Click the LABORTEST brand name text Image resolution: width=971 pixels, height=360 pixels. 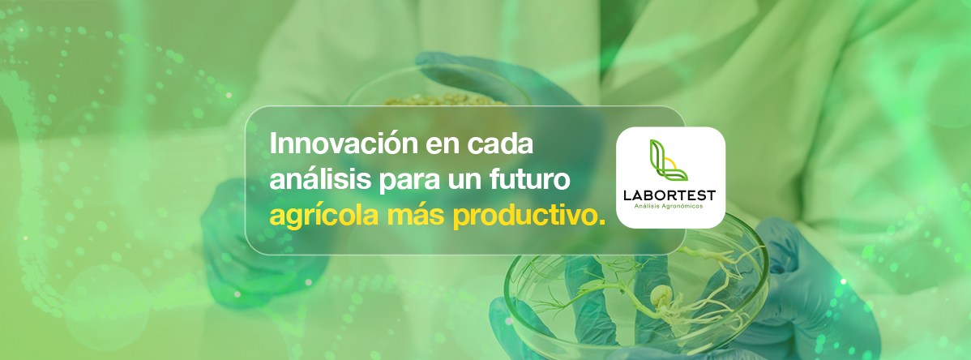(670, 195)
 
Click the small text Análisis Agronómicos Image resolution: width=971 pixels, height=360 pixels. (670, 207)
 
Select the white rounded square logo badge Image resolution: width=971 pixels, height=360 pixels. (670, 178)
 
